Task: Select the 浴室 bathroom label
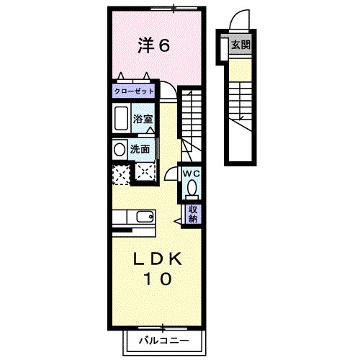pos(143,119)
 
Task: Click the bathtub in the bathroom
pos(120,119)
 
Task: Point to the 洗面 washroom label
pos(140,150)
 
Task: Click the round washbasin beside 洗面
pos(119,149)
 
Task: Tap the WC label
pos(191,174)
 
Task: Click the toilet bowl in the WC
pos(191,188)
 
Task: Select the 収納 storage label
pos(193,213)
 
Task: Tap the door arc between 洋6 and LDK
pos(167,91)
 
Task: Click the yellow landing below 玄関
pos(238,68)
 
